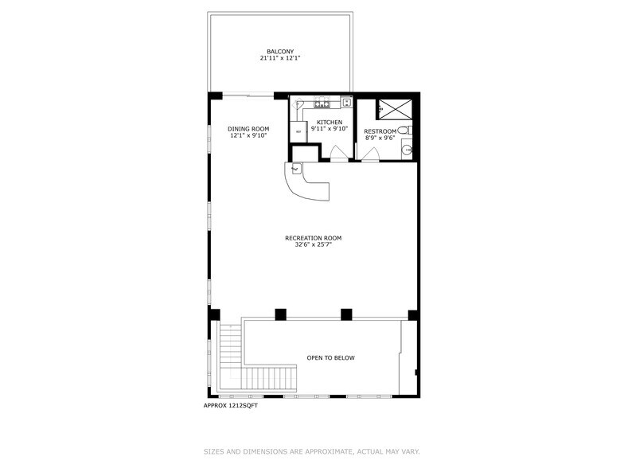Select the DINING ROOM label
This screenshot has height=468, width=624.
pyautogui.click(x=248, y=129)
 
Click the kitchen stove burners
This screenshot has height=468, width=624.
pyautogui.click(x=322, y=103)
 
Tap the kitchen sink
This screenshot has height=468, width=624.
pyautogui.click(x=346, y=102)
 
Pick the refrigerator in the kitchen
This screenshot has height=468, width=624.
pyautogui.click(x=298, y=132)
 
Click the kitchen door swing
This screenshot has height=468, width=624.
pyautogui.click(x=337, y=154)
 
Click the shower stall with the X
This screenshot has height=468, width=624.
pyautogui.click(x=394, y=108)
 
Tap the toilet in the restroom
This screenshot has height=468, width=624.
pyautogui.click(x=404, y=130)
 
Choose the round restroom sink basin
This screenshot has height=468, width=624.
pyautogui.click(x=407, y=148)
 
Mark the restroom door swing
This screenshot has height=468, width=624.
pyautogui.click(x=371, y=154)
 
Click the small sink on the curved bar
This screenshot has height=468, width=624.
pyautogui.click(x=296, y=169)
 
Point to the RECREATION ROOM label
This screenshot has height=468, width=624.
pyautogui.click(x=314, y=238)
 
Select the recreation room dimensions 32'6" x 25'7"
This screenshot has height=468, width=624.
pyautogui.click(x=314, y=245)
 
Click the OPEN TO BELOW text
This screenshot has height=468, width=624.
pyautogui.click(x=331, y=358)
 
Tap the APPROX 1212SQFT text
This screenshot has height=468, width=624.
pyautogui.click(x=231, y=405)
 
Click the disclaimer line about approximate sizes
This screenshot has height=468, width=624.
pyautogui.click(x=311, y=451)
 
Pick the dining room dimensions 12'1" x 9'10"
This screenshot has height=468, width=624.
pyautogui.click(x=248, y=136)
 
